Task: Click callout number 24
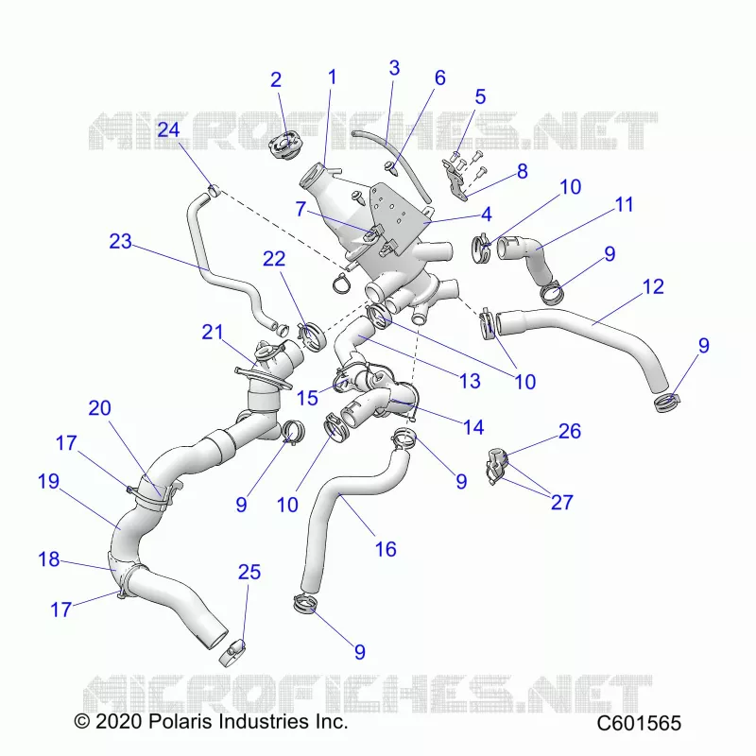169,129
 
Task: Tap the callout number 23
121,241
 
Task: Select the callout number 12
653,286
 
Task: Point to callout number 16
386,549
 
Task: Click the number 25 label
249,572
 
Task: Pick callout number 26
570,431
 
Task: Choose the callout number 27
562,503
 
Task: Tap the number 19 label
49,481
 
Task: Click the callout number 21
213,332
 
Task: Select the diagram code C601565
639,723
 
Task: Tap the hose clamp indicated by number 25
232,652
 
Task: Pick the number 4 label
486,215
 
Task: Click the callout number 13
470,381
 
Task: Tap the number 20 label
100,408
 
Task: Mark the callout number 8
523,171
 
